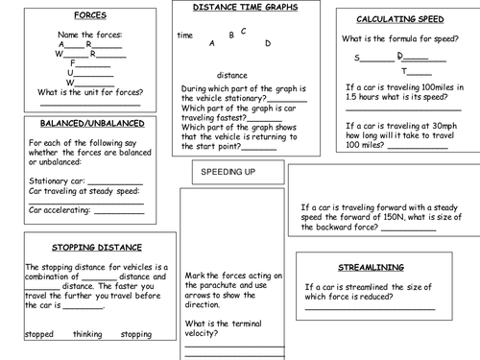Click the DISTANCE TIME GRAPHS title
(245, 7)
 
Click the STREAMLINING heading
(372, 267)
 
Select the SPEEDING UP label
(228, 172)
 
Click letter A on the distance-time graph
(212, 44)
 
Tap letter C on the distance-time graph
(244, 31)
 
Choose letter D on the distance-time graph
(268, 43)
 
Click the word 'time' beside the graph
(185, 36)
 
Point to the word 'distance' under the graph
(232, 75)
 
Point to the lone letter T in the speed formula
(404, 72)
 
